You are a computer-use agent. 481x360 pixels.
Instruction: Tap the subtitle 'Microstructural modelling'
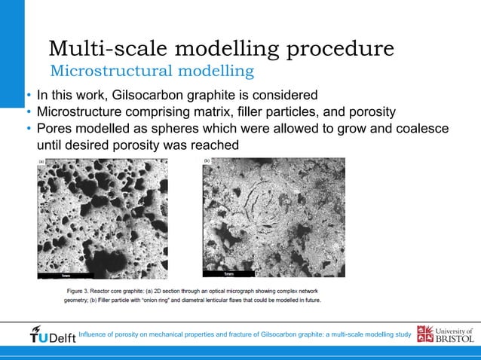click(151, 72)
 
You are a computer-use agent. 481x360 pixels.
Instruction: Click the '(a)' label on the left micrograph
click(42, 161)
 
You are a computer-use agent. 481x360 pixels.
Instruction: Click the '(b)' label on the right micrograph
click(207, 161)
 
